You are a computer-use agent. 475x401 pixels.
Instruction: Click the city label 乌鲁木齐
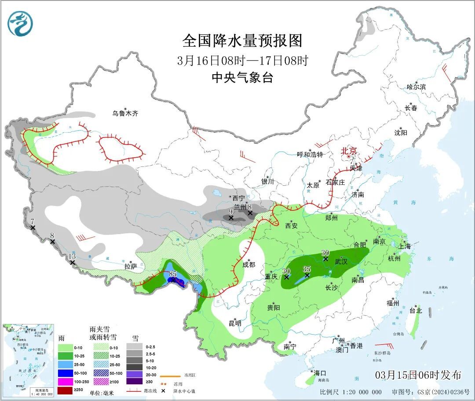(125, 113)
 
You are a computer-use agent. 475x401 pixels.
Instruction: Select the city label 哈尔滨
(416, 87)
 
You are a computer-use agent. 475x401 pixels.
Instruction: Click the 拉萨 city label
(131, 266)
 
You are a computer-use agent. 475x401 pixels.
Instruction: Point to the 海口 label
(320, 373)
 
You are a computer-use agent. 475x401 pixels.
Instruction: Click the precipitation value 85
(172, 274)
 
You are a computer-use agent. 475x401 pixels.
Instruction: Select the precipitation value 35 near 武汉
(307, 268)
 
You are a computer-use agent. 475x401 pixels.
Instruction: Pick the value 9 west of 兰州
(230, 211)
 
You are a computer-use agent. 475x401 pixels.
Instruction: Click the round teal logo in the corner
(20, 24)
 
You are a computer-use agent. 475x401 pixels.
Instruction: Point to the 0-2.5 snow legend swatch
(134, 347)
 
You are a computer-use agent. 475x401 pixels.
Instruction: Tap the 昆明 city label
(235, 323)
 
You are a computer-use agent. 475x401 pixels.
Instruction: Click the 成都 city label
(248, 264)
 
